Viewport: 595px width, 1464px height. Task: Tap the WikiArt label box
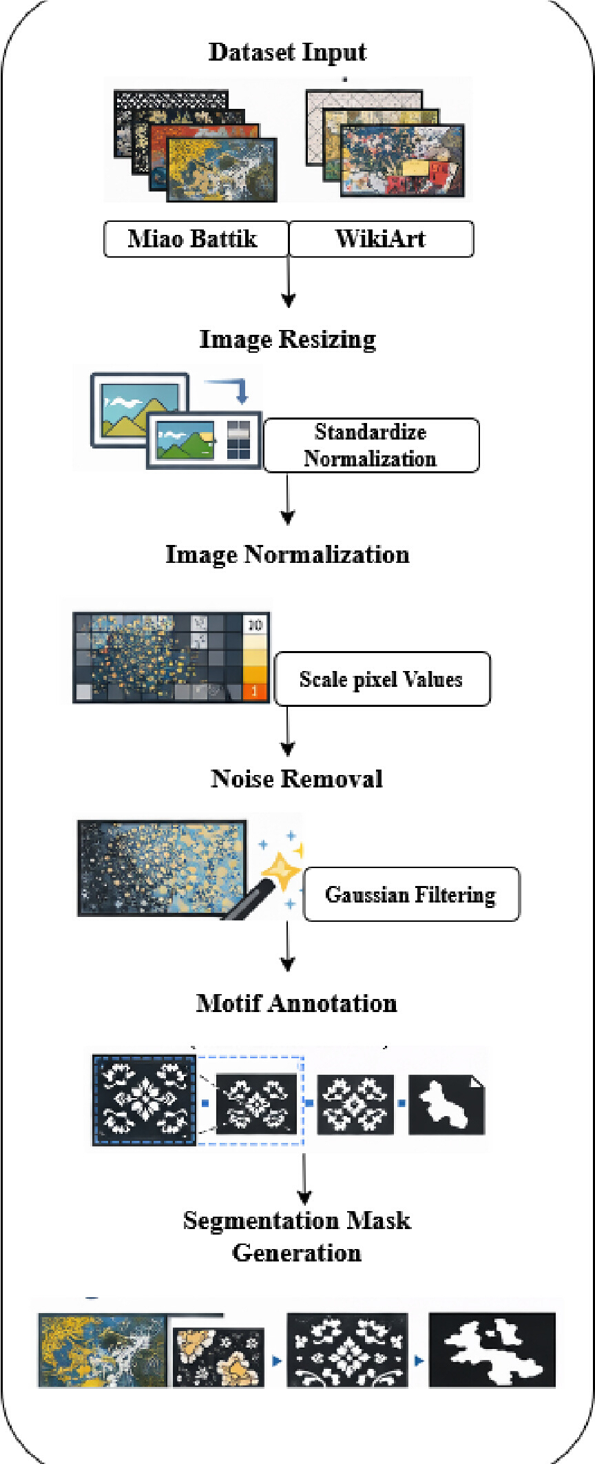381,239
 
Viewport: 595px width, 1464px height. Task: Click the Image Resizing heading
288,340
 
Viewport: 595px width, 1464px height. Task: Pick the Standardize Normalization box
371,445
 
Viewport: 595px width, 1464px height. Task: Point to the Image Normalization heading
288,555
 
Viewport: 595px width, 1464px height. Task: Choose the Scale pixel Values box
382,679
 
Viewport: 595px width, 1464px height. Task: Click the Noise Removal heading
297,779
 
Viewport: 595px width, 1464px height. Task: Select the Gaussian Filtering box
411,894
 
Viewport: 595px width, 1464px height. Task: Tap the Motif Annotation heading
297,1003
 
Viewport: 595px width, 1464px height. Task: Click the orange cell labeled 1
255,690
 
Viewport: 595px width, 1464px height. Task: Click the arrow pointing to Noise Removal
288,731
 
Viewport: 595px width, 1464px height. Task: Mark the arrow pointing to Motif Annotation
288,946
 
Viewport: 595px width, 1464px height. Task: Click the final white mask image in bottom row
492,1350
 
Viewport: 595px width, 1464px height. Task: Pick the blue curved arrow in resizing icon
231,389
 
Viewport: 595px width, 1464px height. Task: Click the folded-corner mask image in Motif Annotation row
446,1104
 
